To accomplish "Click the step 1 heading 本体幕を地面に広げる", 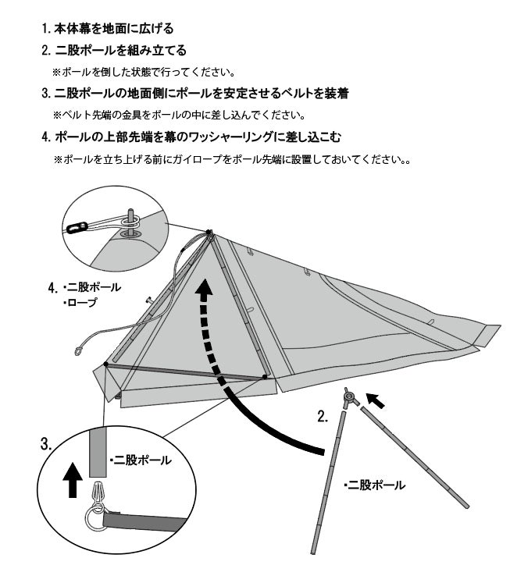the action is (108, 29).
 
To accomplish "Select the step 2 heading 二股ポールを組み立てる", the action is (114, 50).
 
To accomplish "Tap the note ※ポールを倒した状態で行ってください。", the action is (144, 72).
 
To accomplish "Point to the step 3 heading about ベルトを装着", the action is (195, 94).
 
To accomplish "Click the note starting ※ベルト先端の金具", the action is (180, 115).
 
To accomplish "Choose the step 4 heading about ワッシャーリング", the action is (191, 137).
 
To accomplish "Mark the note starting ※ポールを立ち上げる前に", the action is (232, 159).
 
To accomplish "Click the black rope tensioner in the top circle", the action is (77, 227).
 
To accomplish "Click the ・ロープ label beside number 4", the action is (80, 303).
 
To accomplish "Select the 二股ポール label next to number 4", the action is (92, 287).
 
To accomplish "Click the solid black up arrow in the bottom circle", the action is (73, 480).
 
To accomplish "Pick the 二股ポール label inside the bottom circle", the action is (141, 460).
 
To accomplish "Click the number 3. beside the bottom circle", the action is (46, 444).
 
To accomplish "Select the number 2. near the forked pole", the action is (323, 416).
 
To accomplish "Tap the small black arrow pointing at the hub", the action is (376, 400).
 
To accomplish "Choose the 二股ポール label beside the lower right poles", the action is (375, 485).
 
